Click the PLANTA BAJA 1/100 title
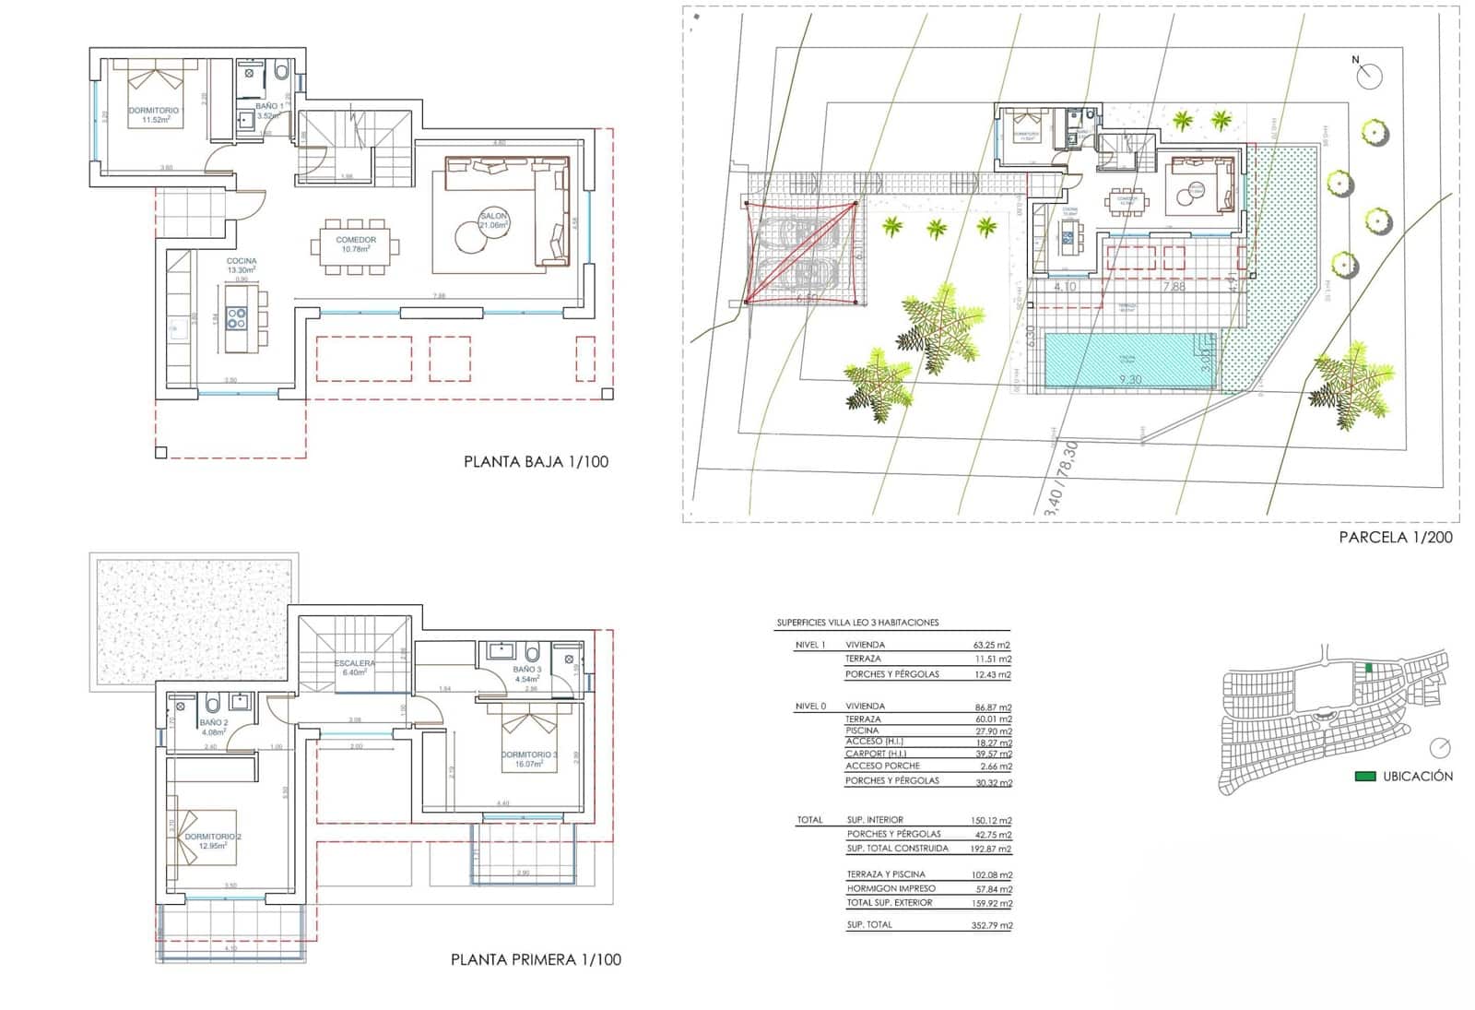[536, 462]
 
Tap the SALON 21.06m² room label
[495, 220]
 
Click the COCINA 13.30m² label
[242, 266]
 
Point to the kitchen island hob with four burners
[237, 318]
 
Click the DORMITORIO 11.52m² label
[154, 114]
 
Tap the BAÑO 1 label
[269, 107]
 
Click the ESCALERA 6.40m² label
[355, 668]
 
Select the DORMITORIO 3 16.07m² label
[529, 759]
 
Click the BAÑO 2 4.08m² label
[213, 727]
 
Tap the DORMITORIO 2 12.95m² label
[213, 840]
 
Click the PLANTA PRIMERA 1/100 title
[536, 959]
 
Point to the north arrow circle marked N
[1370, 76]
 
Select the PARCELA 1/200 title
[1396, 537]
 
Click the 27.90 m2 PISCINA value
[992, 731]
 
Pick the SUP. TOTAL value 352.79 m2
[992, 925]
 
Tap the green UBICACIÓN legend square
[1364, 777]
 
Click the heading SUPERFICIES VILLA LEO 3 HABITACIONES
[857, 623]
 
